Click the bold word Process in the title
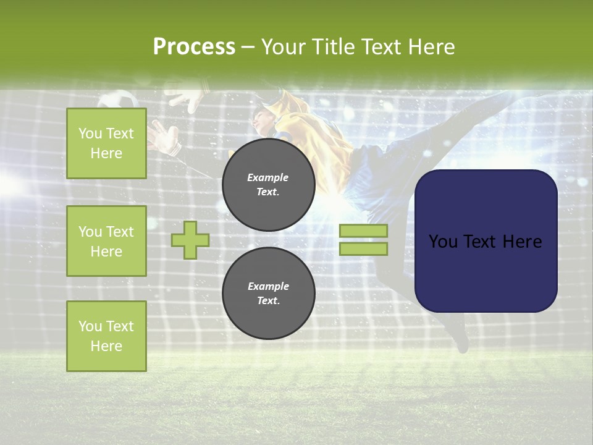[194, 47]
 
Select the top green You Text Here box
[106, 143]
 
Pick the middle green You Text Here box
[106, 241]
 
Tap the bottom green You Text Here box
[106, 336]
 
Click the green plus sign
[190, 239]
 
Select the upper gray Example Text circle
[268, 184]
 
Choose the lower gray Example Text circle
[268, 293]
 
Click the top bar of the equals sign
[363, 231]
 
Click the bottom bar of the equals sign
[363, 248]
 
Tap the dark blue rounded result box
[486, 241]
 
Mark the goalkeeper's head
[264, 121]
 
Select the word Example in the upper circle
[268, 177]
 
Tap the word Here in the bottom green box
[106, 346]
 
